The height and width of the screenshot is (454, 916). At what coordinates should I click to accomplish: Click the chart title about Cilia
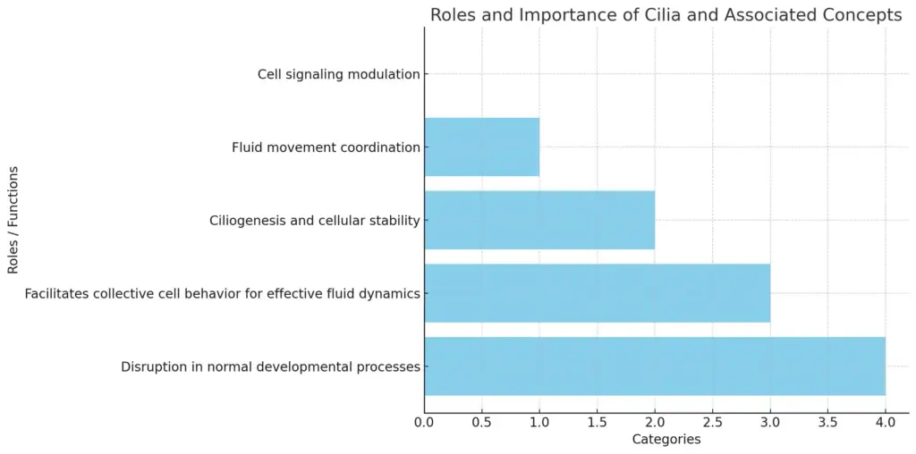click(x=666, y=16)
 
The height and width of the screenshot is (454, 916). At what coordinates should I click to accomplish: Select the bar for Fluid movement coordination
click(x=482, y=147)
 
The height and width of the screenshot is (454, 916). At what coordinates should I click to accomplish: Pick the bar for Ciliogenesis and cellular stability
click(x=539, y=220)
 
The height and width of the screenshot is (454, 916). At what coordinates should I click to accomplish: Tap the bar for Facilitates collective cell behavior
click(x=597, y=293)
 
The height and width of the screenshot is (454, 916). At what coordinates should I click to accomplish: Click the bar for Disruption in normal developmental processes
click(x=655, y=366)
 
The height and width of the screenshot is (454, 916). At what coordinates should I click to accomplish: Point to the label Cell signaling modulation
click(x=339, y=75)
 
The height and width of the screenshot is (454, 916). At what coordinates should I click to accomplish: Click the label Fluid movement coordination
click(x=326, y=147)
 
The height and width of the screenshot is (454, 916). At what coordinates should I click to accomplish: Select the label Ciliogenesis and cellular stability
click(x=315, y=221)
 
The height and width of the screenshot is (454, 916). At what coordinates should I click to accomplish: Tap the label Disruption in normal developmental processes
click(x=271, y=367)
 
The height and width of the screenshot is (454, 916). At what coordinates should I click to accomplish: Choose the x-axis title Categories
click(x=666, y=439)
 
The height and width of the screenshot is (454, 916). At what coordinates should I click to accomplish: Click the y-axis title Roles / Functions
click(x=13, y=220)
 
